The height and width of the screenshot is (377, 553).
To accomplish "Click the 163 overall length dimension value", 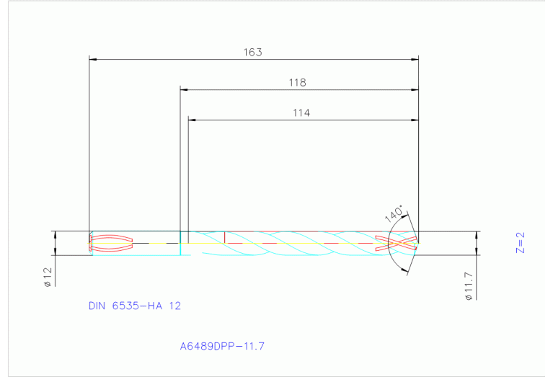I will tap(252, 53).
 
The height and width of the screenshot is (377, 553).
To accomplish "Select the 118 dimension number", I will tap(297, 83).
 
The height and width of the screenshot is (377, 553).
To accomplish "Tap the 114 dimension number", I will tap(301, 113).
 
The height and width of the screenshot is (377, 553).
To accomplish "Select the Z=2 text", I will tap(521, 242).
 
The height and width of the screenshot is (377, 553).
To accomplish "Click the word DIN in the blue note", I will tap(97, 306).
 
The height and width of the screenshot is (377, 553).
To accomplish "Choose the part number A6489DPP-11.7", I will tap(223, 346).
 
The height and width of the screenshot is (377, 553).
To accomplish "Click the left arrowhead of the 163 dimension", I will tap(92, 59).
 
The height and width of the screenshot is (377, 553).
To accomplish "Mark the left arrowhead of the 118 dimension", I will tap(184, 89).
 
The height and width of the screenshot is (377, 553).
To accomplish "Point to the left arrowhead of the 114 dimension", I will tap(192, 120).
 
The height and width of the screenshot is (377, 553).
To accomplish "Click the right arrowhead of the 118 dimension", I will tap(415, 89).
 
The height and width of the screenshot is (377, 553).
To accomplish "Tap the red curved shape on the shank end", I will tap(110, 244).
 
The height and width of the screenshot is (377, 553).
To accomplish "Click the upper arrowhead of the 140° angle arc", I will tap(406, 214).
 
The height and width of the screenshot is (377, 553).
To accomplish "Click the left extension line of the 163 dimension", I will tap(88, 144).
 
